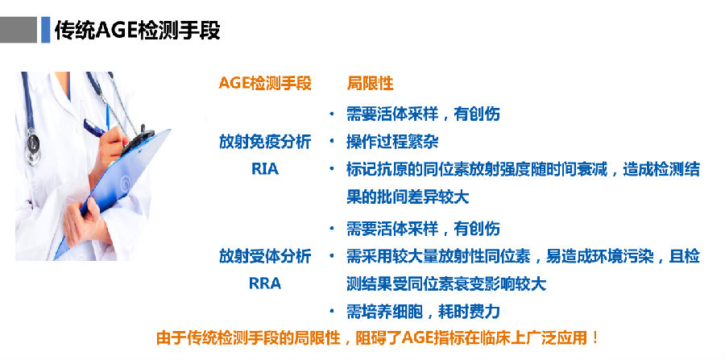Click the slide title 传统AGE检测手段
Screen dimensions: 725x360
click(x=137, y=30)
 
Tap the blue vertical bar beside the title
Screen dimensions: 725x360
click(x=45, y=30)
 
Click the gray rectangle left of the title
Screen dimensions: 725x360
click(x=18, y=30)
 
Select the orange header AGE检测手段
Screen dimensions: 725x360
click(x=265, y=84)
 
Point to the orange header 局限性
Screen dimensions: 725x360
click(x=370, y=84)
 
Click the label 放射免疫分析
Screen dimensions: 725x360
click(x=265, y=142)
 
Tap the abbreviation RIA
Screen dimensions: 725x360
click(x=265, y=169)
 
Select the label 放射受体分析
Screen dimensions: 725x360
click(x=265, y=256)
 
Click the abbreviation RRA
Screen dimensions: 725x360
click(x=265, y=283)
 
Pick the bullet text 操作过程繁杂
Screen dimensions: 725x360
click(x=392, y=142)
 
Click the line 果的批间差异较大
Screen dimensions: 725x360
click(x=408, y=197)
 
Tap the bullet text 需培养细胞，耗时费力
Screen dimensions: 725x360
click(x=423, y=312)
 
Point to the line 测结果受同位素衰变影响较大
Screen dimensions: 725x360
click(x=446, y=283)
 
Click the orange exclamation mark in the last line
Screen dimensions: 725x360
click(x=595, y=337)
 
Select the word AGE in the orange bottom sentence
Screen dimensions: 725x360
click(x=417, y=337)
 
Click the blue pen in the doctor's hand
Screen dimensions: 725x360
click(x=96, y=127)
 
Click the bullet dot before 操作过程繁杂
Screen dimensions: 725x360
click(x=331, y=142)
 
